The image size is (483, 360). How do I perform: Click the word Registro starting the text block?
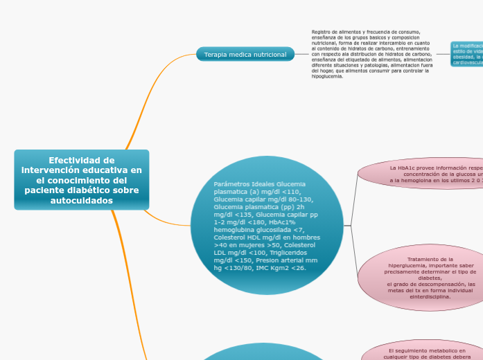pyautogui.click(x=322, y=32)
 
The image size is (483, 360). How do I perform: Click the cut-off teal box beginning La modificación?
pyautogui.click(x=467, y=54)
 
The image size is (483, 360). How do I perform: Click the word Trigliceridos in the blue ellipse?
pyautogui.click(x=295, y=253)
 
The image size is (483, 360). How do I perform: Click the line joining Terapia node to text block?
pyautogui.click(x=302, y=54)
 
